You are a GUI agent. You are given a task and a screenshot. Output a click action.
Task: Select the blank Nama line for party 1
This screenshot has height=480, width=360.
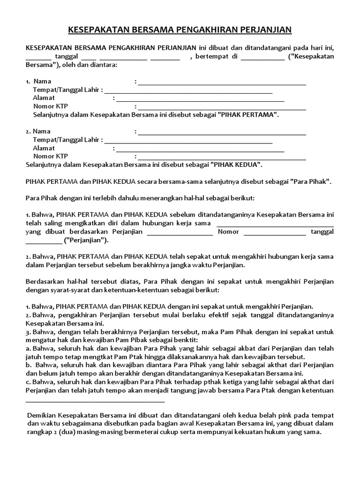(x=222, y=84)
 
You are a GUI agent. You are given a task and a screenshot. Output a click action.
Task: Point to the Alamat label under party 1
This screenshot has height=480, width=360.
(x=44, y=97)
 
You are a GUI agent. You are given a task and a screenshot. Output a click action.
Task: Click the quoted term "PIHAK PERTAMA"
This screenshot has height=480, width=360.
(x=248, y=114)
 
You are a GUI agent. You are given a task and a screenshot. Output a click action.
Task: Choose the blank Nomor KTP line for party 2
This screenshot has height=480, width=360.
(x=222, y=158)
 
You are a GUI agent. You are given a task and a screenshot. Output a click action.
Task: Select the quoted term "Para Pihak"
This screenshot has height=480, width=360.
(x=311, y=181)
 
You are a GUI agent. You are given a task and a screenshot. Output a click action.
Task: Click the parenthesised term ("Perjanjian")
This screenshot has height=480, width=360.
(x=86, y=240)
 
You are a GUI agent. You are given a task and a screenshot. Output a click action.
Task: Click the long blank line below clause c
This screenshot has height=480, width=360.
(x=95, y=401)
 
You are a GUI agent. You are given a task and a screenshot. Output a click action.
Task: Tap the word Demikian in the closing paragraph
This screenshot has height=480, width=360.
(x=41, y=416)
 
